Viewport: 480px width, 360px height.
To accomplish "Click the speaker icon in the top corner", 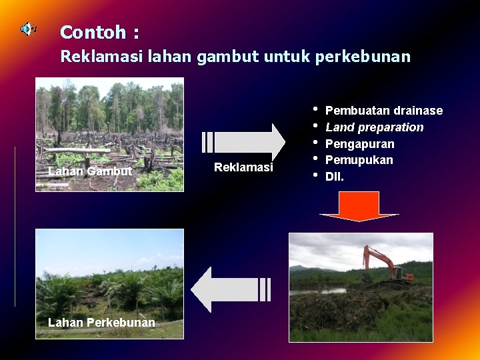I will tap(28, 29).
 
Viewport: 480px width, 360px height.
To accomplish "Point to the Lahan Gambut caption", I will tap(91, 171).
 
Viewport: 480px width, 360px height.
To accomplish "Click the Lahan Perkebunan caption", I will tap(101, 323).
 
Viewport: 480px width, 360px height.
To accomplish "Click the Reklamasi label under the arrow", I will tap(243, 167).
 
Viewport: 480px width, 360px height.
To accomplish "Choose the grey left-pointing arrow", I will tap(231, 289).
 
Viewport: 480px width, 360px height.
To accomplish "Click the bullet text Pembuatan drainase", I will tap(383, 110).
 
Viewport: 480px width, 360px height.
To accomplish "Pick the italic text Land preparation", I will tap(374, 127).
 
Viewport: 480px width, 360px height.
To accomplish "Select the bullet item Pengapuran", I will tap(359, 144).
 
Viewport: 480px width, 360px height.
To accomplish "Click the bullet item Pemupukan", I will tap(359, 160).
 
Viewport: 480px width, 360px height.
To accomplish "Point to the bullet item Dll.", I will tap(335, 177).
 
